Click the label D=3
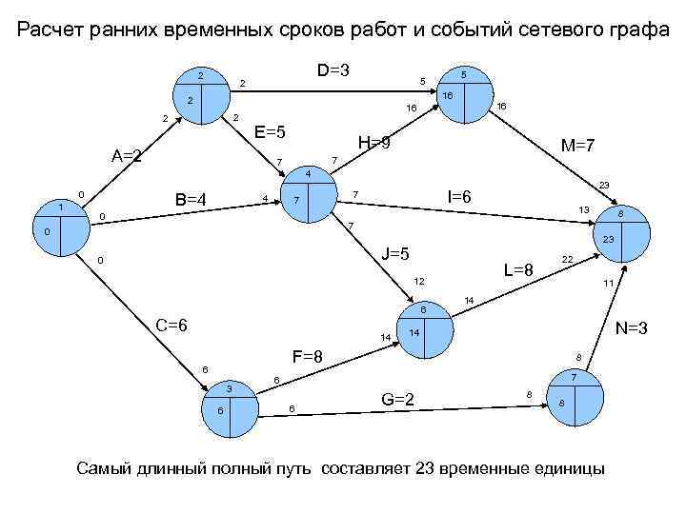click(x=333, y=70)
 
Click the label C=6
click(x=171, y=326)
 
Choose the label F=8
click(x=308, y=357)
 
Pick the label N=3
click(x=633, y=329)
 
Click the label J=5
click(x=394, y=255)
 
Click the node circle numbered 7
click(x=575, y=399)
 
